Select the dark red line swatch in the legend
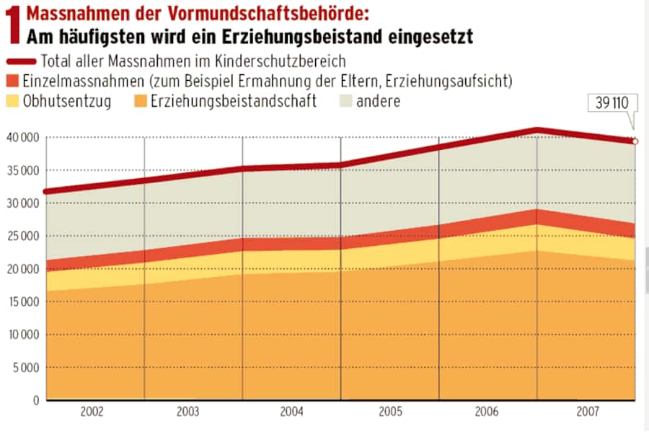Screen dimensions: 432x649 (x=20, y=61)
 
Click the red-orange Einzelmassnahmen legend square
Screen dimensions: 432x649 (x=12, y=81)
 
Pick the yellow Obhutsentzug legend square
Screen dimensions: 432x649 (x=12, y=101)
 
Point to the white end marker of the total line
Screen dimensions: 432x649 (x=635, y=141)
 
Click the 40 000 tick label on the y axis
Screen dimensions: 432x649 (x=22, y=137)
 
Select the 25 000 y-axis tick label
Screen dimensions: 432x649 (x=22, y=236)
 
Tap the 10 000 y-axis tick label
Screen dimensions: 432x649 (x=22, y=335)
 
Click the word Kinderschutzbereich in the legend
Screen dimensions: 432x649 (x=281, y=61)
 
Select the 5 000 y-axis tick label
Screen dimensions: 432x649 (x=25, y=368)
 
